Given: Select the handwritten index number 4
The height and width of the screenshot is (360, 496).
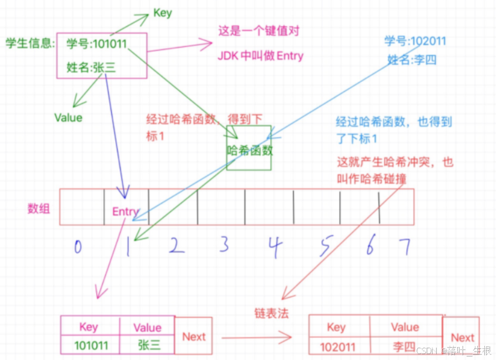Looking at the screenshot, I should (272, 246).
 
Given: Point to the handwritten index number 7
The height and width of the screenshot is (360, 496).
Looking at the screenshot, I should (404, 246).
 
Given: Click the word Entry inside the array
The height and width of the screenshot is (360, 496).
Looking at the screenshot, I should (125, 212).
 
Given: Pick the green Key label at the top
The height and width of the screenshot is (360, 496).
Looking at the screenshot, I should (162, 13).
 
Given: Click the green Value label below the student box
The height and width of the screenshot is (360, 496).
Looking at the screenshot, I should (68, 118).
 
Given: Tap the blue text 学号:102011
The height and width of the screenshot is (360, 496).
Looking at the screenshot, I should (415, 41).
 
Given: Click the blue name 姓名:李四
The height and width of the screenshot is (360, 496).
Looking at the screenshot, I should (412, 59).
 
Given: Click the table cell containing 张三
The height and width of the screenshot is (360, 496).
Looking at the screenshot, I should (147, 345).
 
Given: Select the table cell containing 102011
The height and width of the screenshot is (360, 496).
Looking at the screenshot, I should (339, 346).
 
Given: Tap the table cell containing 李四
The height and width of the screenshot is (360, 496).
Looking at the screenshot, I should (405, 346).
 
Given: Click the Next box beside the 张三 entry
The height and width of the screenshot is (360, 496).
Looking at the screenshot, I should (193, 336).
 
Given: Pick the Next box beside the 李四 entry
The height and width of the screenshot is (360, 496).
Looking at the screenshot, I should (462, 338).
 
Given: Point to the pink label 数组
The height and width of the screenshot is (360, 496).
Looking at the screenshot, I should (39, 208).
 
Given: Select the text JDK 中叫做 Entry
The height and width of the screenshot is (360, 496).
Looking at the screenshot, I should (260, 56).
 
